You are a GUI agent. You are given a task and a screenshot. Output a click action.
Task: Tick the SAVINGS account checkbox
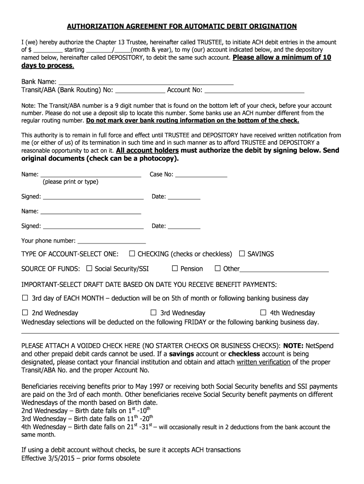(x=242, y=254)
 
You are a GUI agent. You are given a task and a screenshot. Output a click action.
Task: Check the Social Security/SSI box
(x=89, y=268)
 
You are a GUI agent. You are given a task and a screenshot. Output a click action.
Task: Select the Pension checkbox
(x=175, y=268)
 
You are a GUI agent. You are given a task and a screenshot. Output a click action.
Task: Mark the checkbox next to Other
(x=218, y=268)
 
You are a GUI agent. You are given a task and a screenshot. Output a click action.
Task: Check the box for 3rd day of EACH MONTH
(x=26, y=298)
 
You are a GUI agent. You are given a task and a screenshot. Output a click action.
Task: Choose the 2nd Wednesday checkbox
(x=26, y=313)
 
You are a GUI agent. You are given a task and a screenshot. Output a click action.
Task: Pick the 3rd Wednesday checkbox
(x=154, y=313)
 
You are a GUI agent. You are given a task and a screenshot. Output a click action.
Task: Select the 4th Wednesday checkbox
(x=263, y=313)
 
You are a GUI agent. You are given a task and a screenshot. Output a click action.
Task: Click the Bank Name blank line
(x=146, y=82)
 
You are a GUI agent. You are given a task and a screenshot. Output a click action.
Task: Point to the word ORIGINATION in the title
(x=270, y=26)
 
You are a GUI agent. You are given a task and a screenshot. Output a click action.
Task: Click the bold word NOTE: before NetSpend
(x=293, y=346)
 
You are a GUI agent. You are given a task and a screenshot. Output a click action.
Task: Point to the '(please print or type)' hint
(x=70, y=182)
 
